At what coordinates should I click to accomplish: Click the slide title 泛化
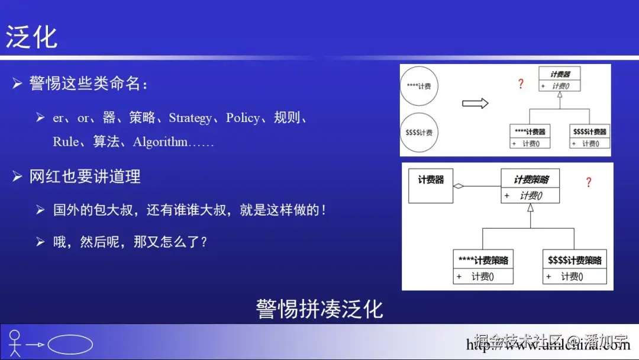pyautogui.click(x=32, y=37)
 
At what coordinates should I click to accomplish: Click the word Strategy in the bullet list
pyautogui.click(x=190, y=118)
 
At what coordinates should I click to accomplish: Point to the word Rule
pyautogui.click(x=65, y=142)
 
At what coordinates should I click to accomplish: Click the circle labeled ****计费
pyautogui.click(x=419, y=86)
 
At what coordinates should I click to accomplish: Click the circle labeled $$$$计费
pyautogui.click(x=419, y=132)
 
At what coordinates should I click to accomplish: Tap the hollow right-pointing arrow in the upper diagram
pyautogui.click(x=475, y=104)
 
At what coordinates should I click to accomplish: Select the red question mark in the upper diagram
pyautogui.click(x=521, y=84)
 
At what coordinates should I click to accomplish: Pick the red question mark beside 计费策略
pyautogui.click(x=588, y=182)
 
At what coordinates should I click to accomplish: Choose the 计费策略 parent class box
pyautogui.click(x=531, y=187)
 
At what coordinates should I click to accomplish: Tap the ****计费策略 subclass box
pyautogui.click(x=483, y=267)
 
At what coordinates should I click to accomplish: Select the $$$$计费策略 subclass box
pyautogui.click(x=575, y=267)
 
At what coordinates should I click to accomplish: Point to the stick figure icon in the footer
pyautogui.click(x=15, y=343)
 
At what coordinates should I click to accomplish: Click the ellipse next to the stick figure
pyautogui.click(x=70, y=345)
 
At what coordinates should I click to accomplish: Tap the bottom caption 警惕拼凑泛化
pyautogui.click(x=319, y=309)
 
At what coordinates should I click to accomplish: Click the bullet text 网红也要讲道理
pyautogui.click(x=85, y=176)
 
